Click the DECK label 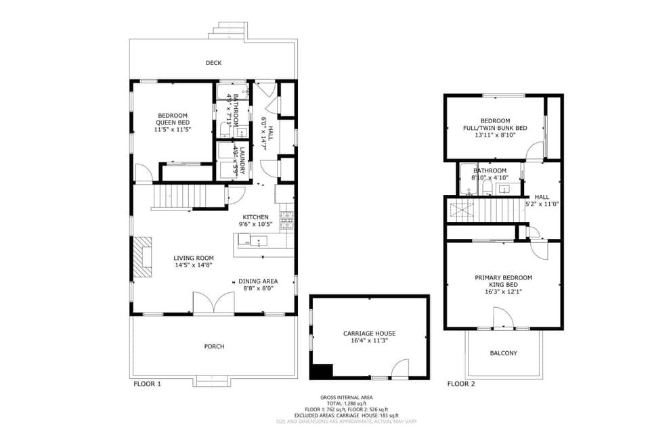pyautogui.click(x=214, y=63)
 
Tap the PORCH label pyautogui.click(x=214, y=346)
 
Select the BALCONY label pyautogui.click(x=503, y=353)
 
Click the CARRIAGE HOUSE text pyautogui.click(x=368, y=334)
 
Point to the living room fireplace pyautogui.click(x=143, y=257)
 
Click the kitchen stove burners pyautogui.click(x=287, y=220)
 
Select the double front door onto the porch pyautogui.click(x=214, y=304)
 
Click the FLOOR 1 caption pyautogui.click(x=147, y=384)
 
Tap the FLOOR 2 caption pyautogui.click(x=461, y=384)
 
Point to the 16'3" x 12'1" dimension pyautogui.click(x=503, y=293)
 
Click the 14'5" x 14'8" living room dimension pyautogui.click(x=194, y=266)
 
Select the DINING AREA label pyautogui.click(x=258, y=281)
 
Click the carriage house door pyautogui.click(x=399, y=369)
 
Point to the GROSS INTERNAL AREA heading pyautogui.click(x=346, y=397)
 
